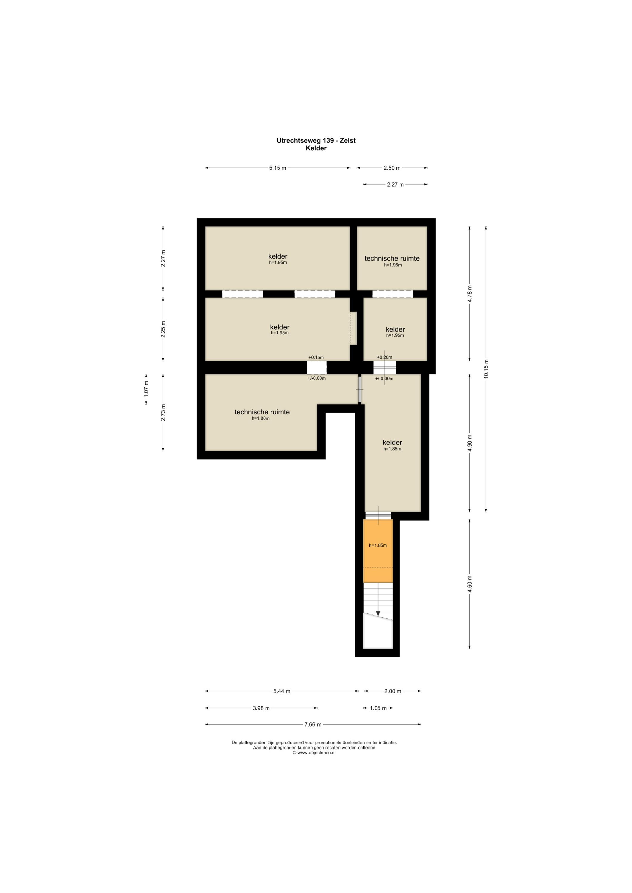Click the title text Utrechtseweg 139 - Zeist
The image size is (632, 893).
(x=316, y=140)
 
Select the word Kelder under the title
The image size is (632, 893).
(x=316, y=148)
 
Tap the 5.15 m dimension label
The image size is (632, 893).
(x=278, y=168)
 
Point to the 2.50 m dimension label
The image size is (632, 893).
(x=392, y=168)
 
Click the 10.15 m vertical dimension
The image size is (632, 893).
(x=486, y=369)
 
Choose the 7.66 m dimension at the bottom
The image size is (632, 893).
(x=313, y=724)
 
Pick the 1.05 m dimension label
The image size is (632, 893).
(x=378, y=708)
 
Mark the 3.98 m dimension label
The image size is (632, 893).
(x=261, y=708)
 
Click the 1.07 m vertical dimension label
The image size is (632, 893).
(x=146, y=389)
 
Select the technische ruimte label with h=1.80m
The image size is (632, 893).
(x=262, y=414)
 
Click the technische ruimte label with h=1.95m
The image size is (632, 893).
(x=392, y=260)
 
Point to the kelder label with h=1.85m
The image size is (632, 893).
(x=392, y=445)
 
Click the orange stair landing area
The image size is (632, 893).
(x=378, y=551)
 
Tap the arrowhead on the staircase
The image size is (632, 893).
(x=378, y=614)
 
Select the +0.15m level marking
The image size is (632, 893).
(x=316, y=357)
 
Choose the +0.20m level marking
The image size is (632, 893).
(x=385, y=357)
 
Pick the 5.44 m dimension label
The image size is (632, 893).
(x=282, y=691)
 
